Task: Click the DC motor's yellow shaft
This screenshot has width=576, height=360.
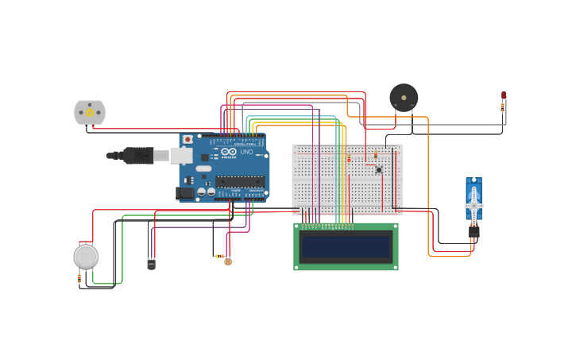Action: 90,113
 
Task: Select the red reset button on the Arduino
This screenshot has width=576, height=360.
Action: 187,139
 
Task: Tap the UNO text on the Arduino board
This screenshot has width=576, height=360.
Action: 246,152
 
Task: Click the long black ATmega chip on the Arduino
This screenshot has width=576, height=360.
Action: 239,181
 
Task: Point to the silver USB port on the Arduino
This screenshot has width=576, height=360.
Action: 181,156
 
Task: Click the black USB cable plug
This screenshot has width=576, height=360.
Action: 138,156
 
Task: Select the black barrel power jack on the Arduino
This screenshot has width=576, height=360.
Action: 185,192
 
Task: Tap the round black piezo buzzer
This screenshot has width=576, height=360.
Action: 404,98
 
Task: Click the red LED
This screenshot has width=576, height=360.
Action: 504,95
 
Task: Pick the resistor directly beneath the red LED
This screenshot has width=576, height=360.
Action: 503,107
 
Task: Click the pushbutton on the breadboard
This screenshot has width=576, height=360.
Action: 379,169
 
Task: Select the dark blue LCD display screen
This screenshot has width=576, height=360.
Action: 346,246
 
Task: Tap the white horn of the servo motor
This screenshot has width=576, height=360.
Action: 474,205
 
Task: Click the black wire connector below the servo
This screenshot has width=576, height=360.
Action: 474,232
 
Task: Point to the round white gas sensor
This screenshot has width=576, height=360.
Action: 86,256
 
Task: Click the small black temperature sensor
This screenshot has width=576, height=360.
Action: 151,264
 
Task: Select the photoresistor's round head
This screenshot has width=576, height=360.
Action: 228,261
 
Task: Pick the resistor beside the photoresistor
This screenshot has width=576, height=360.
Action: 219,256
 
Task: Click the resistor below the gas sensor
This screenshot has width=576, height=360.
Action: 79,278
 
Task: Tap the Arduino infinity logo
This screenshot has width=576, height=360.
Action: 229,152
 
